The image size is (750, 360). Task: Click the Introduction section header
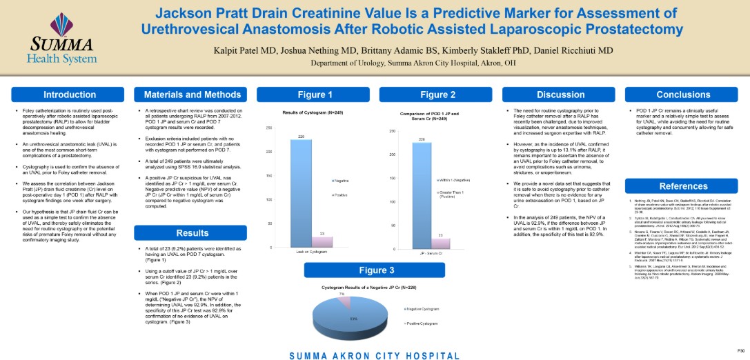tap(70, 94)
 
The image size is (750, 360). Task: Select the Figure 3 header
tap(377, 270)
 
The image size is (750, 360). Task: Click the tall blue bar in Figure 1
tap(301, 193)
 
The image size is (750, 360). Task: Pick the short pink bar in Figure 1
tap(322, 241)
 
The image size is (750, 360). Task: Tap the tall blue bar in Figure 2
tap(422, 196)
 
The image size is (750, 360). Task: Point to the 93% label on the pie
tap(353, 319)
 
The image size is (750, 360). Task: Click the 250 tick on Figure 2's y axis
tap(391, 131)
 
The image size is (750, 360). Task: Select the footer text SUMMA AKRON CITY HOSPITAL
tap(374, 356)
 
